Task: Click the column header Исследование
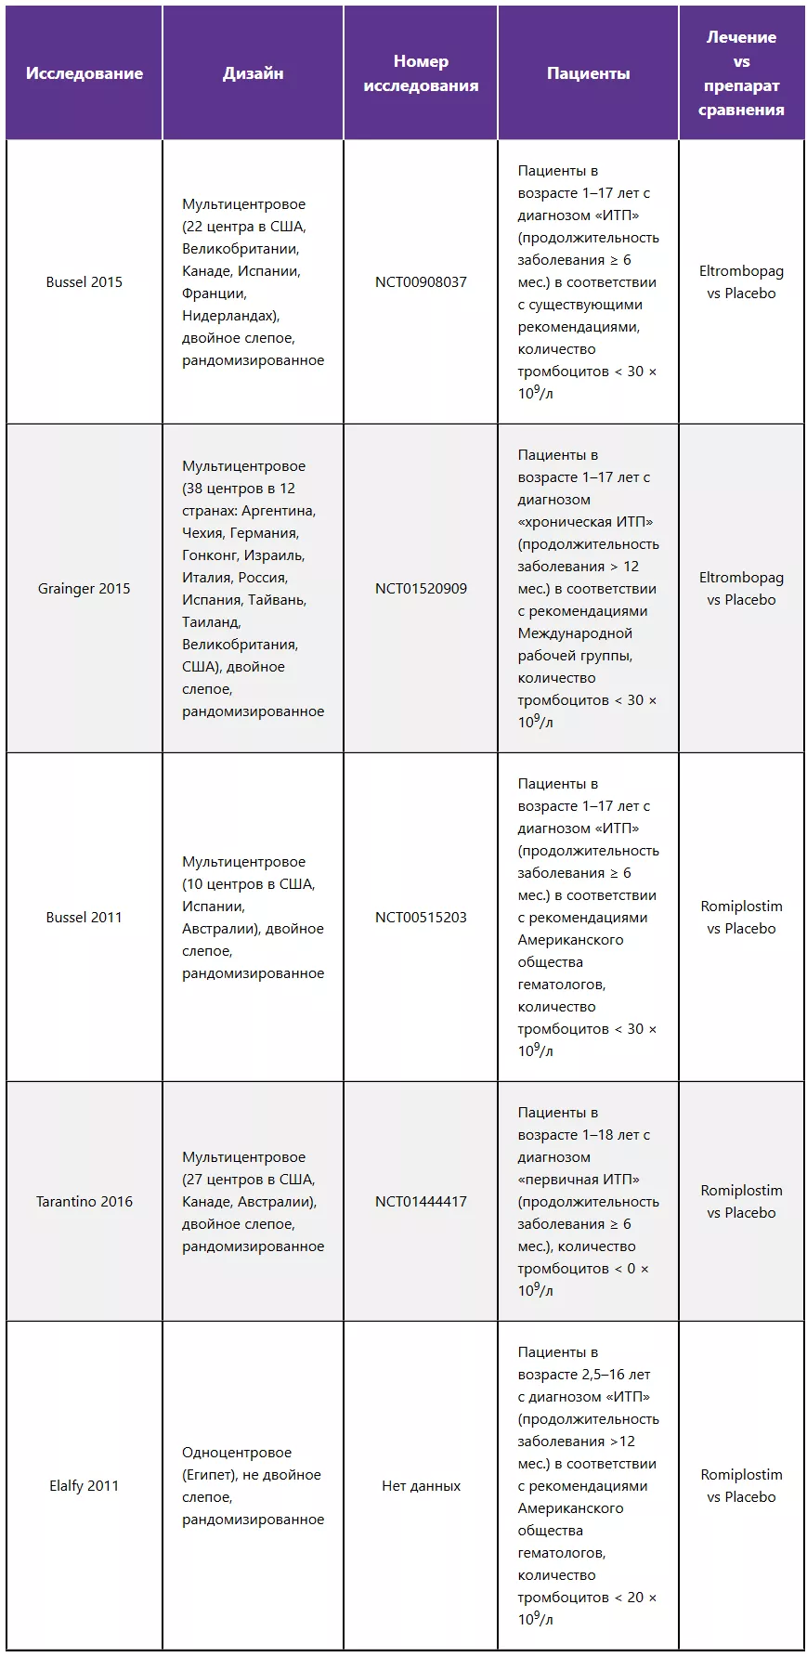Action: click(x=85, y=73)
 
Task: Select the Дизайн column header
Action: click(x=253, y=73)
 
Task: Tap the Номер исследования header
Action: click(x=421, y=73)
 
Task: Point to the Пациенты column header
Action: click(x=588, y=73)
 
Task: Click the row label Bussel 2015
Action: click(x=85, y=282)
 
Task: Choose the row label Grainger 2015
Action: click(x=85, y=589)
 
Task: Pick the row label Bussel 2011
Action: click(x=85, y=918)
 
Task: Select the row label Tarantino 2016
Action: click(x=85, y=1202)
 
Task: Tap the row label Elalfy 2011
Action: click(x=85, y=1486)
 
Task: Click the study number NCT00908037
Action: click(x=421, y=282)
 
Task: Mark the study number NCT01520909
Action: click(x=421, y=589)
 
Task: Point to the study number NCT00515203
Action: click(x=421, y=918)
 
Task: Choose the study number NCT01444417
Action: click(x=421, y=1202)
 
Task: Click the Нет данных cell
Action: click(x=421, y=1486)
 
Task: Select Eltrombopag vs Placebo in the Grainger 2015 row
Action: click(x=741, y=589)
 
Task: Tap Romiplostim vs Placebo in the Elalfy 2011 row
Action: click(x=741, y=1486)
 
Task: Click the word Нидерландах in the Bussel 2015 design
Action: click(x=229, y=316)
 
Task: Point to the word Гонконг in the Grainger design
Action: click(x=211, y=555)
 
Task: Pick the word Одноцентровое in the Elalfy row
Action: click(x=237, y=1453)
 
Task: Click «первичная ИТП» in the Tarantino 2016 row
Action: click(x=579, y=1180)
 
